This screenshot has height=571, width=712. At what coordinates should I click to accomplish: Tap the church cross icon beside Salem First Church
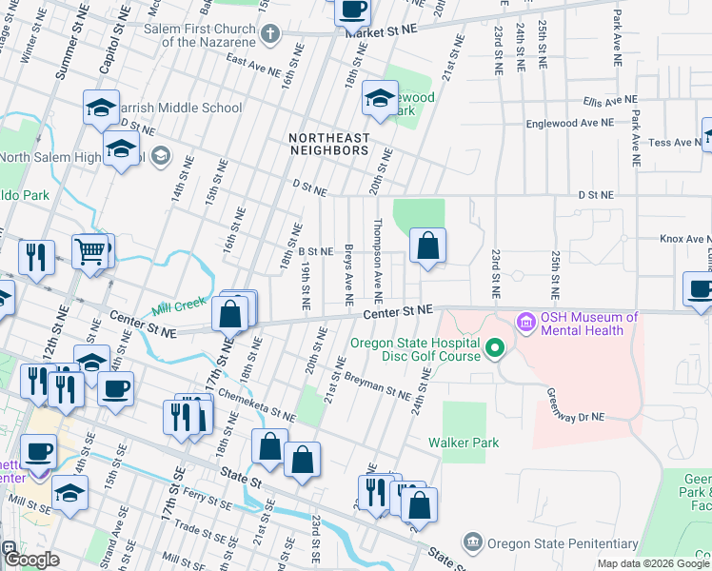point(269,36)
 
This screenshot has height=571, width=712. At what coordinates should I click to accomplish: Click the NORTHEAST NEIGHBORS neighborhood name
point(329,144)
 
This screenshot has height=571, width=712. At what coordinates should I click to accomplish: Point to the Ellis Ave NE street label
point(609,101)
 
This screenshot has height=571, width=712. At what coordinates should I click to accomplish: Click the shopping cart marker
point(91,251)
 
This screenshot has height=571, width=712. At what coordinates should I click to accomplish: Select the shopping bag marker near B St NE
point(428,246)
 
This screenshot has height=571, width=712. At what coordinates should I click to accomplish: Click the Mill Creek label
point(178,310)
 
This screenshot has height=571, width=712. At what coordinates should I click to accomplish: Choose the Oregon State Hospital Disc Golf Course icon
point(493,350)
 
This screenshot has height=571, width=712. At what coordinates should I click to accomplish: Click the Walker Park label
point(458,442)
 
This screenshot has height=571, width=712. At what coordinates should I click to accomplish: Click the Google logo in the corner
point(30,559)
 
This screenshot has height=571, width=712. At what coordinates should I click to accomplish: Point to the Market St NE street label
point(382,31)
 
